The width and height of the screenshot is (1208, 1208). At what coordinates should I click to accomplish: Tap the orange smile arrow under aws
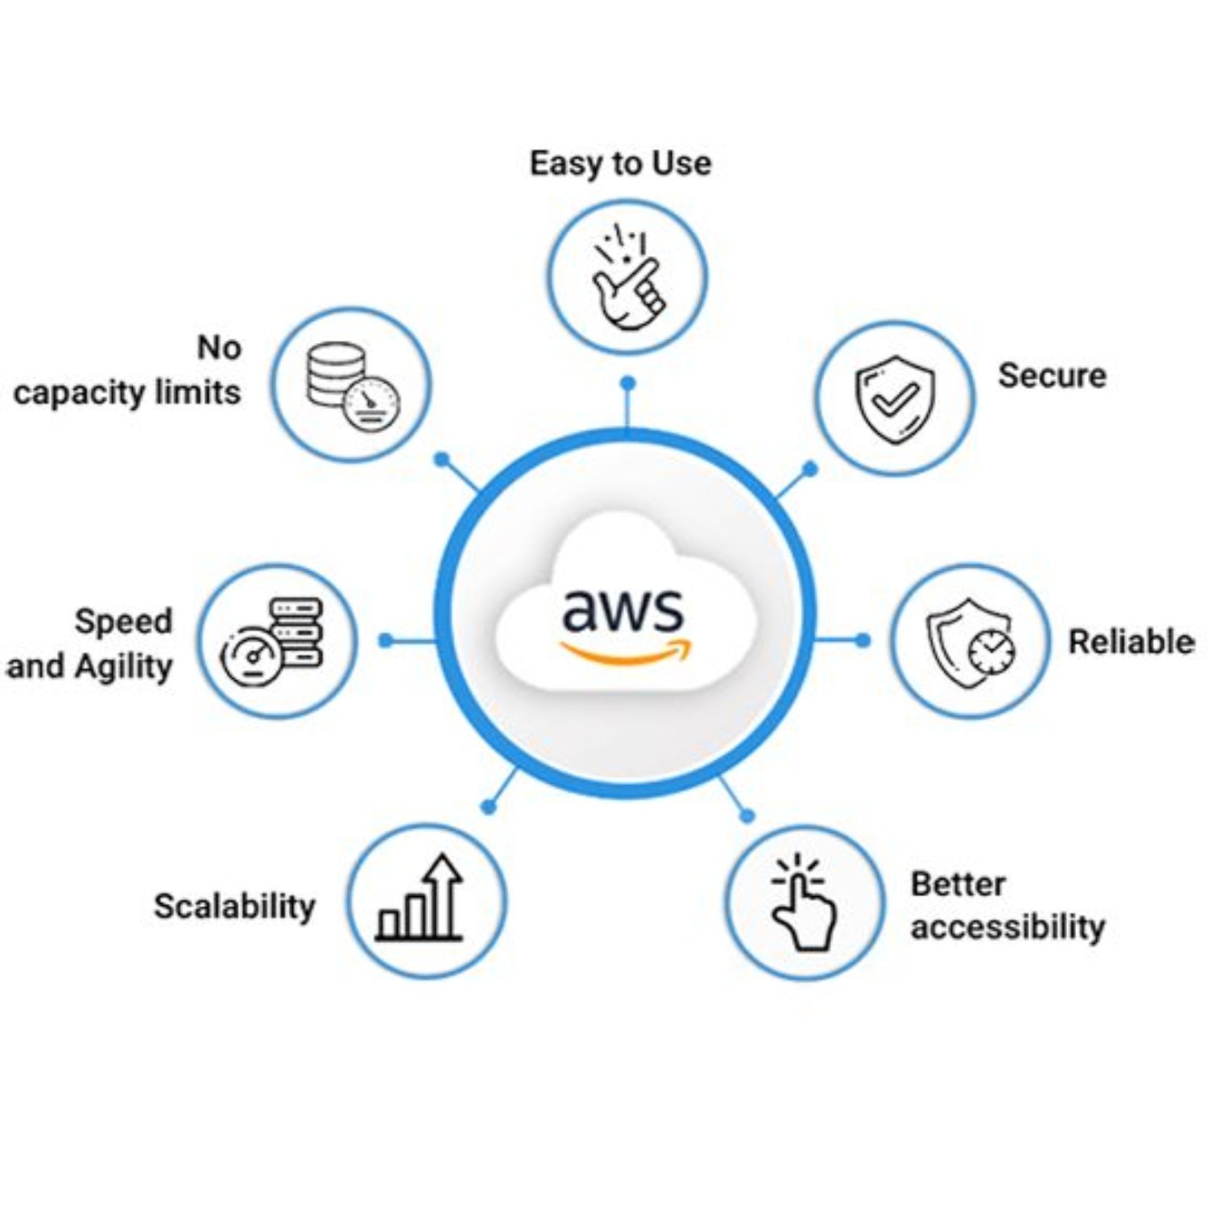click(x=626, y=652)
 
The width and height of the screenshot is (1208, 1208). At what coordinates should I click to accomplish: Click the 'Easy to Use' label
click(x=620, y=163)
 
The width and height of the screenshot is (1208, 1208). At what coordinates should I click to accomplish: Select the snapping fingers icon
click(x=627, y=278)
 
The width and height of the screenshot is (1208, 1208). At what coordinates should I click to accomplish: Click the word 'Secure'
click(x=1052, y=376)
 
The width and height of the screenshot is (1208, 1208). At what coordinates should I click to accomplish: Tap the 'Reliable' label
click(x=1131, y=642)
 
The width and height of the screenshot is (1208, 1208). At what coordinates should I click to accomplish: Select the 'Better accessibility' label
click(x=1007, y=905)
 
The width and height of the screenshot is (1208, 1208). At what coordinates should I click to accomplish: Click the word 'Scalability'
click(x=234, y=906)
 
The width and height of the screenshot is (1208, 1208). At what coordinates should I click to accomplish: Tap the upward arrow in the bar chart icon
click(x=443, y=890)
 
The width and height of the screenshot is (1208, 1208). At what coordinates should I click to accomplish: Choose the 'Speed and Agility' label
click(x=90, y=643)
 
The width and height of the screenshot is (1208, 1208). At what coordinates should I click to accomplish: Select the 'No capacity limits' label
click(x=127, y=370)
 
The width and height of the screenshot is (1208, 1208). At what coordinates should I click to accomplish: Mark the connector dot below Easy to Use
click(x=628, y=383)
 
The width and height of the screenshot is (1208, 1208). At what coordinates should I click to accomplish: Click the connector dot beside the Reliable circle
click(x=863, y=640)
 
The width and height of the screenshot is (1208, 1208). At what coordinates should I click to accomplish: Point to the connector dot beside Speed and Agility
click(x=386, y=640)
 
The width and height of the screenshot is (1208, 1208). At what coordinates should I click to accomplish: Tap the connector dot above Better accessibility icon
click(x=747, y=816)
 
